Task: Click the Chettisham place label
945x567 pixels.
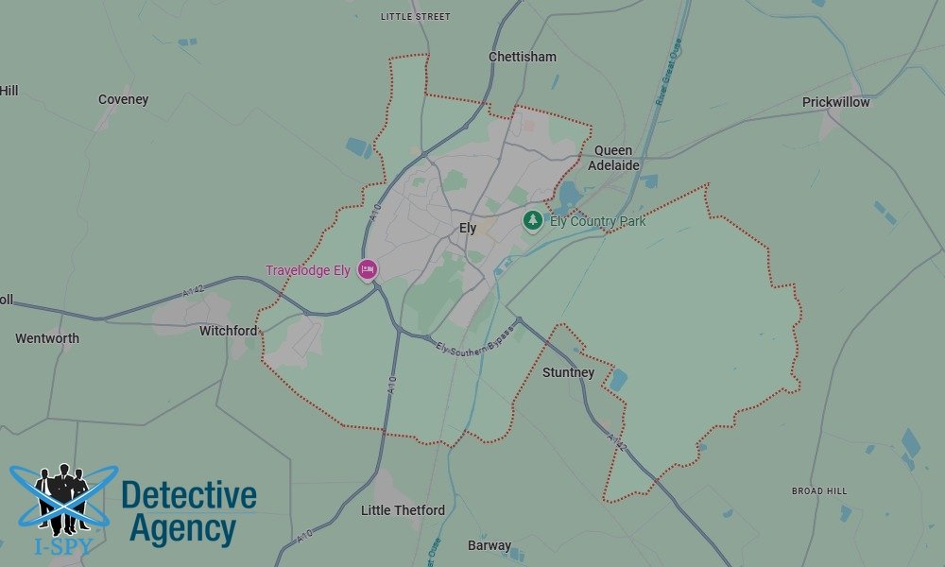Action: point(523,57)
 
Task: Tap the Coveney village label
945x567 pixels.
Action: point(123,99)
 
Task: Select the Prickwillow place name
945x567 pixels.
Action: point(835,102)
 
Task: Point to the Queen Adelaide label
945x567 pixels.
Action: point(613,158)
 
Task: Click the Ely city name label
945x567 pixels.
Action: point(468,228)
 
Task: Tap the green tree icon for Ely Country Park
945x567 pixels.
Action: point(533,221)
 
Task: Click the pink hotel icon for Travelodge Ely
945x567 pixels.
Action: point(368,270)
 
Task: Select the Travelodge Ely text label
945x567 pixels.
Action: point(308,270)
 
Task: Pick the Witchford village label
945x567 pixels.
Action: point(228,331)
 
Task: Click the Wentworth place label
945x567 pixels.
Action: point(47,338)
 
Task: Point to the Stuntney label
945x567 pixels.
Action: point(569,372)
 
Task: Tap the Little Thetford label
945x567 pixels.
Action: point(403,510)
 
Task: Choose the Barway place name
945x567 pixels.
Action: point(490,545)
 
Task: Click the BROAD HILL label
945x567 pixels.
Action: point(819,491)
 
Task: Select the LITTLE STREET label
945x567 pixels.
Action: point(416,17)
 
